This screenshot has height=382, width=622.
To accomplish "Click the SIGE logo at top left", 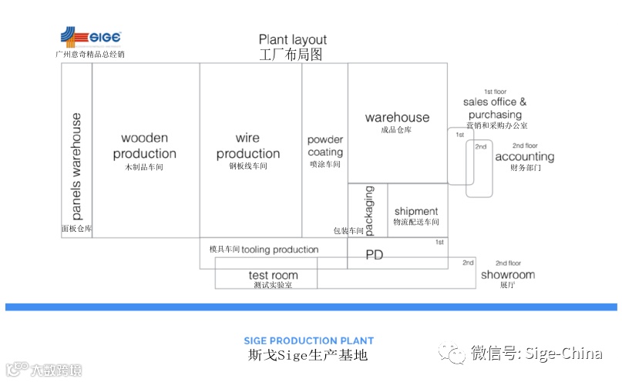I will point(91,38).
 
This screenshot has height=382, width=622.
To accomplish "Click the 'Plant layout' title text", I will point(292,40).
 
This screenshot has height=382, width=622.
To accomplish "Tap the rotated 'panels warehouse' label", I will point(76,166).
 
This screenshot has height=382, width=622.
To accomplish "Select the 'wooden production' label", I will point(144,146).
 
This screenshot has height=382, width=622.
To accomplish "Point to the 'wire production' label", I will point(247,146).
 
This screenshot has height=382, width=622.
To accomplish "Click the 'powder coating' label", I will point(324,146).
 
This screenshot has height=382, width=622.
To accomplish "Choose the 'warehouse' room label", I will point(397,117).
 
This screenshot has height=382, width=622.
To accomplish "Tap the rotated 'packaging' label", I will point(368,209).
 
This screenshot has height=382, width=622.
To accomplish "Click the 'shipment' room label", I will point(415,211).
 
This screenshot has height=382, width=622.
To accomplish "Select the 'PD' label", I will point(375,255).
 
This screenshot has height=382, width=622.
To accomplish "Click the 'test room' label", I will point(273,275).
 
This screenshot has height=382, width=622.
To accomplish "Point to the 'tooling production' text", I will point(280,250).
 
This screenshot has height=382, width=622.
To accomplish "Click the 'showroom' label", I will point(507,275).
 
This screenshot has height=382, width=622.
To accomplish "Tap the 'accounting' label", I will point(524,157).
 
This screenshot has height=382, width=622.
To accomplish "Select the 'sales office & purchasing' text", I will point(495,108).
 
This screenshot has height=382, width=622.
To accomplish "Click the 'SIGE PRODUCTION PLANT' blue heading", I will point(308,340).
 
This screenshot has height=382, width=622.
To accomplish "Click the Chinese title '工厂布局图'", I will point(292,55).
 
